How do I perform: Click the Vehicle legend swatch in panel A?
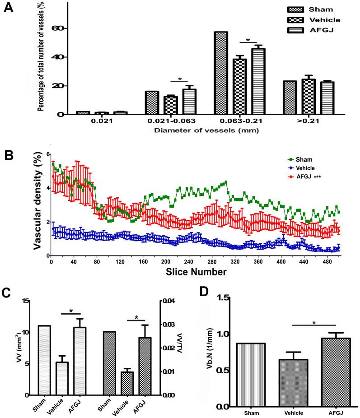tap(295, 20)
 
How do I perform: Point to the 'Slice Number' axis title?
tap(196, 272)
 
